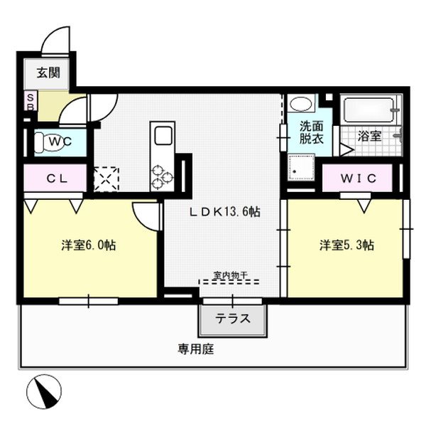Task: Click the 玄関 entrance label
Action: coord(49,73)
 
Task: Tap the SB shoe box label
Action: coord(30,102)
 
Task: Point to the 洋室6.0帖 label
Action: coord(88,245)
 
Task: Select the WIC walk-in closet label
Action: coord(359,177)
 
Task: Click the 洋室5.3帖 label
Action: coord(346,245)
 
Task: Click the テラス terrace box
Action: coord(234,318)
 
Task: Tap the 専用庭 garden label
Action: coord(196,349)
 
